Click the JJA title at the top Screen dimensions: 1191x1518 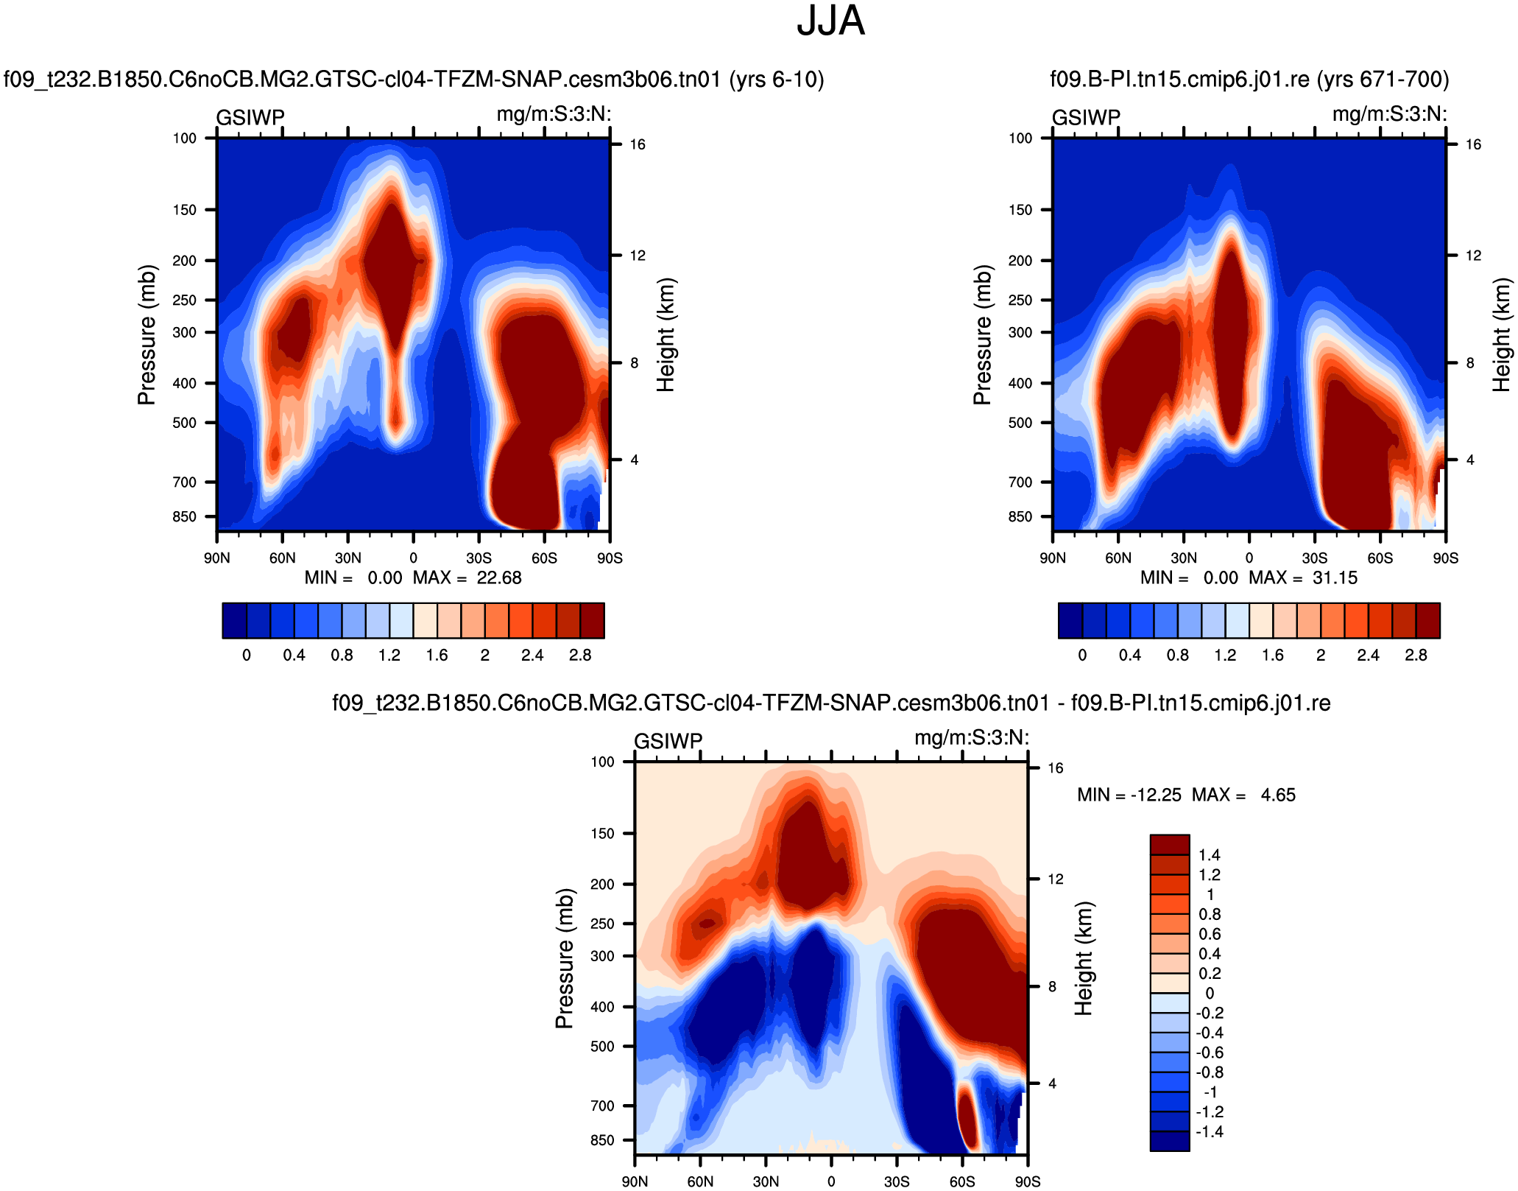(x=830, y=21)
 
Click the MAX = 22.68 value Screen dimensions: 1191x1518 (x=467, y=578)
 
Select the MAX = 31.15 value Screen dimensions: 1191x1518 (x=1303, y=578)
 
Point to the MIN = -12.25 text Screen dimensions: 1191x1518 (x=1129, y=795)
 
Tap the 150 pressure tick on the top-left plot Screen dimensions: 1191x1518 (x=185, y=210)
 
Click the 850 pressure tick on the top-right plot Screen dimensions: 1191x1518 (x=1020, y=517)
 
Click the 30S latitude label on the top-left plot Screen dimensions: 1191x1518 (x=479, y=558)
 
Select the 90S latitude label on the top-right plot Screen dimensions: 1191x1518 (x=1445, y=558)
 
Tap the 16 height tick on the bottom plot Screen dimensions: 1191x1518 (x=1056, y=768)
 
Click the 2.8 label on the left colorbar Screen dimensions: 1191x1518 (x=580, y=656)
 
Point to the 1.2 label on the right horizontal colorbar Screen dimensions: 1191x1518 (x=1225, y=656)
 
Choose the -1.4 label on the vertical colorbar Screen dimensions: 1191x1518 (x=1209, y=1132)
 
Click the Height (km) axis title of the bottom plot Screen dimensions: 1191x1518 (x=1084, y=958)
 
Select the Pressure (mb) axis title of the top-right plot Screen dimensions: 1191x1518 (x=982, y=334)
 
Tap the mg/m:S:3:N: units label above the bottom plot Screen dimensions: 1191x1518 (x=972, y=738)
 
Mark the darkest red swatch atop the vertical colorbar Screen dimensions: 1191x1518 (x=1170, y=844)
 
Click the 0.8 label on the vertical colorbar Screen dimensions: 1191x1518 (x=1210, y=915)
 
